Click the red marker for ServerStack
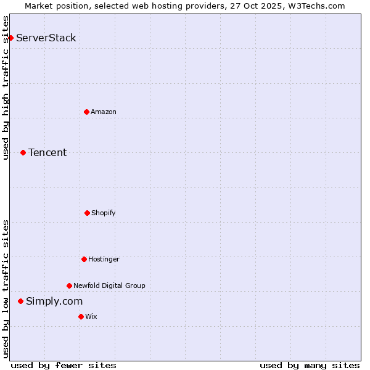10,38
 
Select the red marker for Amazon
86,112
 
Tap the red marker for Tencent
23,152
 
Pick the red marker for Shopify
87,213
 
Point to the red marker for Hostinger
84,259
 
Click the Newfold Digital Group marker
69,286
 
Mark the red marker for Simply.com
20,301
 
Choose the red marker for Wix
81,316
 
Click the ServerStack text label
46,38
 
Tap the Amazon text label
104,112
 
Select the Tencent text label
47,152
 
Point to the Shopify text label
104,213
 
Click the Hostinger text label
104,259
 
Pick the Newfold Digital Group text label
109,286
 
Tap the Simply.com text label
54,301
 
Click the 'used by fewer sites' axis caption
64,365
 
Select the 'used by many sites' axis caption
310,365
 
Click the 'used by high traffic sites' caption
6,88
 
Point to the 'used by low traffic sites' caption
6,289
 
